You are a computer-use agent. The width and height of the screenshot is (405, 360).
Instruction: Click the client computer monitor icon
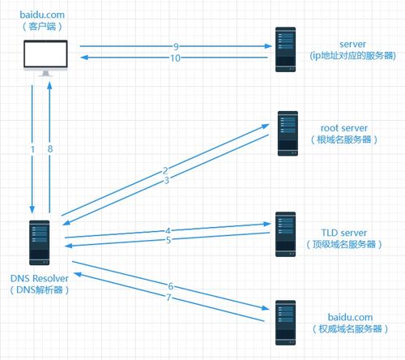click(x=45, y=58)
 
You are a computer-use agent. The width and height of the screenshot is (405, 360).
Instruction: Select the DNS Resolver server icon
click(x=40, y=242)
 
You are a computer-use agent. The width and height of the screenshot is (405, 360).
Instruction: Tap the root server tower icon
click(x=288, y=133)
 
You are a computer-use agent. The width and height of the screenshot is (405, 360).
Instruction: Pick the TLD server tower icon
click(x=285, y=234)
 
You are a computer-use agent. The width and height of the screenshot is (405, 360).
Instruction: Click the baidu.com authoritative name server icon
click(x=285, y=323)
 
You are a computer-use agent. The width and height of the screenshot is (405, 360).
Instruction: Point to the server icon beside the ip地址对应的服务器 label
click(x=285, y=49)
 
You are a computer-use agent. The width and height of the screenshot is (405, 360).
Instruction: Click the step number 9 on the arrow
click(x=176, y=46)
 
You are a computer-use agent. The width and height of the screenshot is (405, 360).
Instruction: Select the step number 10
click(x=175, y=58)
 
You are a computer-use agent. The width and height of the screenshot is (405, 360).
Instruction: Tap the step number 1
click(x=32, y=149)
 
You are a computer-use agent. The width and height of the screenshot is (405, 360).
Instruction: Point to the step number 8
click(x=50, y=148)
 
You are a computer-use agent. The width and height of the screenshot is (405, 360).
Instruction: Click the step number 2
click(x=165, y=170)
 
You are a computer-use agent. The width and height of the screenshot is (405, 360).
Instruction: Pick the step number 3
click(x=167, y=180)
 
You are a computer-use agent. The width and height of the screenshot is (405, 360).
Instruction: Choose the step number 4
click(x=168, y=230)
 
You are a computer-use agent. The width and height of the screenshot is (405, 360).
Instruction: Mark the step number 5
click(x=168, y=240)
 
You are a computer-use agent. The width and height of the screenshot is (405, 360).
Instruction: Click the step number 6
click(x=171, y=286)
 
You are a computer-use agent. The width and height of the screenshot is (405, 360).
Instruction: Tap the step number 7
click(x=168, y=298)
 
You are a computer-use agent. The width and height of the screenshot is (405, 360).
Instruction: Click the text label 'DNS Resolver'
click(x=40, y=278)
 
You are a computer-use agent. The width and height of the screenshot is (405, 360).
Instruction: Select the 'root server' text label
click(x=344, y=128)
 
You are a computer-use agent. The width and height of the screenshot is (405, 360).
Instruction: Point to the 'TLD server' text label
click(x=344, y=233)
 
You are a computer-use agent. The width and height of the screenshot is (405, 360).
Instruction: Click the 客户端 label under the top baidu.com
click(x=42, y=27)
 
